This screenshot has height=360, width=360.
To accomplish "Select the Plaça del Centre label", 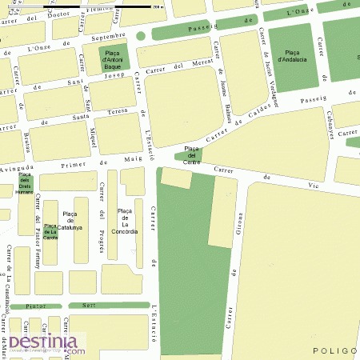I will (192, 155).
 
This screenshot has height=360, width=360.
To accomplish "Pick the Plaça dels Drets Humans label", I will (25, 183).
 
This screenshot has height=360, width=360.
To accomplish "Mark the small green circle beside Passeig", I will (141, 36).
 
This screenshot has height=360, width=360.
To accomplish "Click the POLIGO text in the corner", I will (335, 350).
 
